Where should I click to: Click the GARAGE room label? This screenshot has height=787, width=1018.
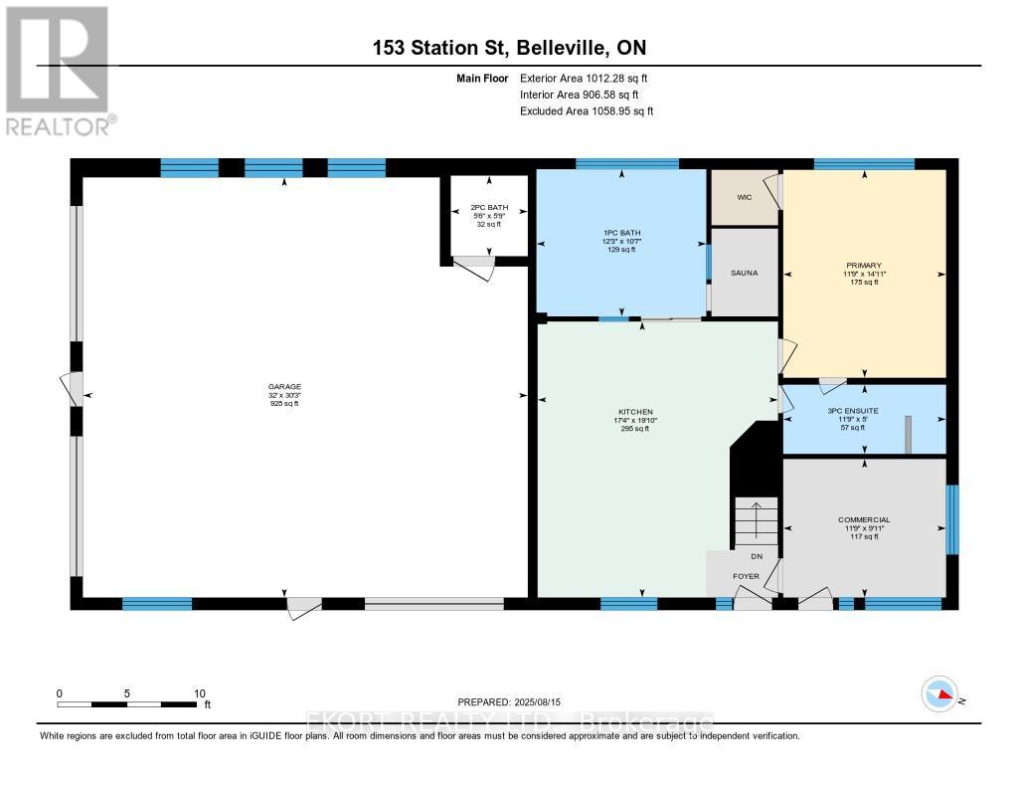point(283,387)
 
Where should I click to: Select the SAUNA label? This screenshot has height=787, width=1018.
point(743,273)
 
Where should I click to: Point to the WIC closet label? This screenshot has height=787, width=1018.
point(743,197)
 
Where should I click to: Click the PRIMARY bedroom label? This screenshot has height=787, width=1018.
point(864,266)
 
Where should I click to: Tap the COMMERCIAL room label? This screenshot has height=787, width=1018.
point(863,519)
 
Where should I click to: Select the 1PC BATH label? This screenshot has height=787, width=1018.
point(621,233)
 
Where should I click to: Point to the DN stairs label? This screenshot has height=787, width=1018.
point(757,556)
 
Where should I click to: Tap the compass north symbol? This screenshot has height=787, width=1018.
point(939,693)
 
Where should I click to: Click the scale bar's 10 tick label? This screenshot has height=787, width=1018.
point(199,693)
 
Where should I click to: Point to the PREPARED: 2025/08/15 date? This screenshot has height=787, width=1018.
point(509,701)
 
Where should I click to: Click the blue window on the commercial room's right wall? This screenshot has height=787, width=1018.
point(951,518)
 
